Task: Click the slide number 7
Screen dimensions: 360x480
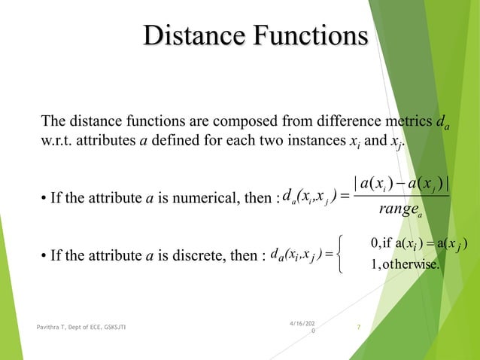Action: (359, 326)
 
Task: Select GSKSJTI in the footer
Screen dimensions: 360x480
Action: (125, 326)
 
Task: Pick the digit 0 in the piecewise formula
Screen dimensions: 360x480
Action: (375, 242)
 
